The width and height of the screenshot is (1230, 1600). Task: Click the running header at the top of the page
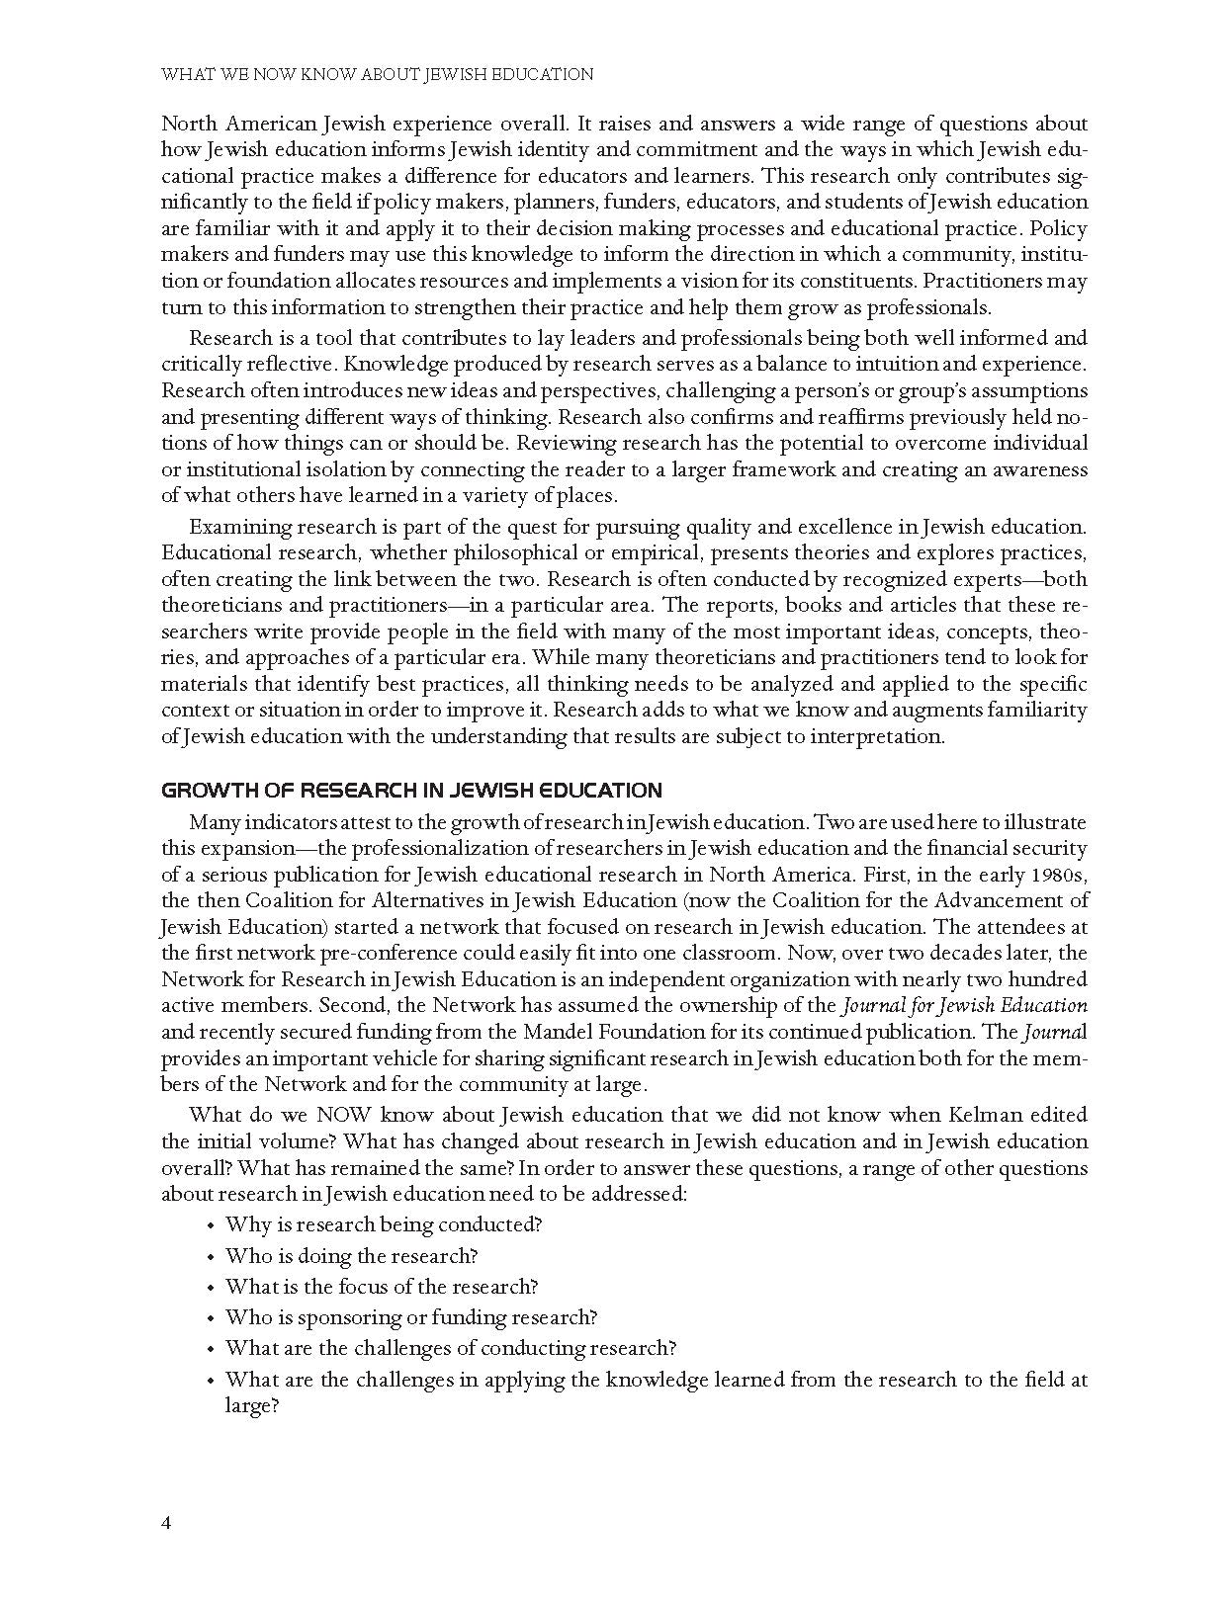377,74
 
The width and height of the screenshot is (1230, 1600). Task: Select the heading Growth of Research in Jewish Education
411,791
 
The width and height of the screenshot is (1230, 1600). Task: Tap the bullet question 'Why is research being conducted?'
384,1224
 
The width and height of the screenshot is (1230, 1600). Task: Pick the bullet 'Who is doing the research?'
351,1256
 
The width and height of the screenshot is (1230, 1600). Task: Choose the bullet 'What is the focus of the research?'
381,1287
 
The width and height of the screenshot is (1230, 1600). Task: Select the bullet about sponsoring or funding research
410,1317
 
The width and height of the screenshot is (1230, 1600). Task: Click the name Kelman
960,1115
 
